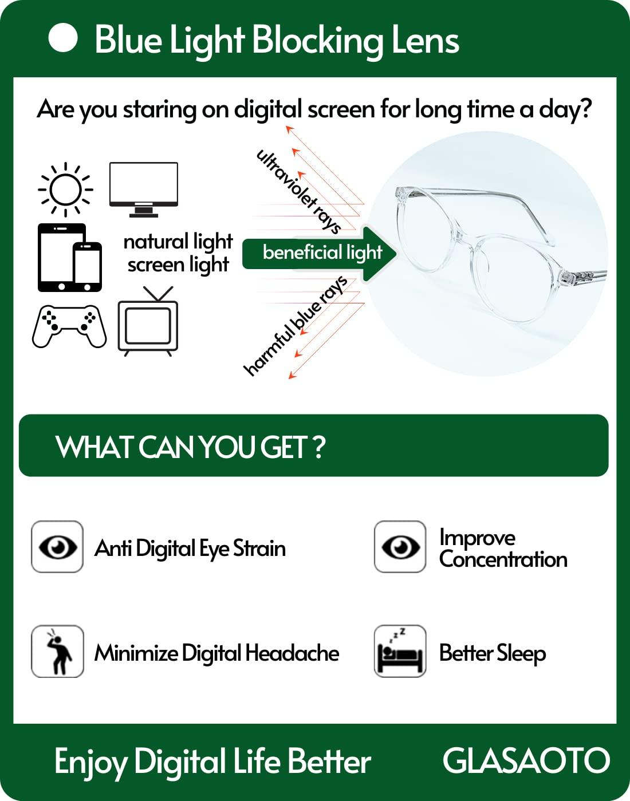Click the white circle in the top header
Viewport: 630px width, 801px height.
coord(63,38)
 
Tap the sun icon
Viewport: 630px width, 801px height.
coord(65,190)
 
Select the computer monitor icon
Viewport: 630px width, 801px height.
coord(144,190)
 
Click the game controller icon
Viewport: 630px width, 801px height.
coord(70,326)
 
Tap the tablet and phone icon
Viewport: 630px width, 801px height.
coord(70,258)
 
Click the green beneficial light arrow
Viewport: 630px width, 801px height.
coord(320,254)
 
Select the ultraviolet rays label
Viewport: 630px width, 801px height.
coord(298,192)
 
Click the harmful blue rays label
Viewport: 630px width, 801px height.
coord(296,326)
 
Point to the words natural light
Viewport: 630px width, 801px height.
coord(178,242)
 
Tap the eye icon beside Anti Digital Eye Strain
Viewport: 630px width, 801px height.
coord(57,546)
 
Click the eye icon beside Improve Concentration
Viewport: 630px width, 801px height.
coord(400,546)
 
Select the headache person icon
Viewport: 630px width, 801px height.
coord(57,651)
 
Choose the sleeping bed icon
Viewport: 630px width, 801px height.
coord(400,651)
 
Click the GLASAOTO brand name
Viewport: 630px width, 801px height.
coord(526,761)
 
